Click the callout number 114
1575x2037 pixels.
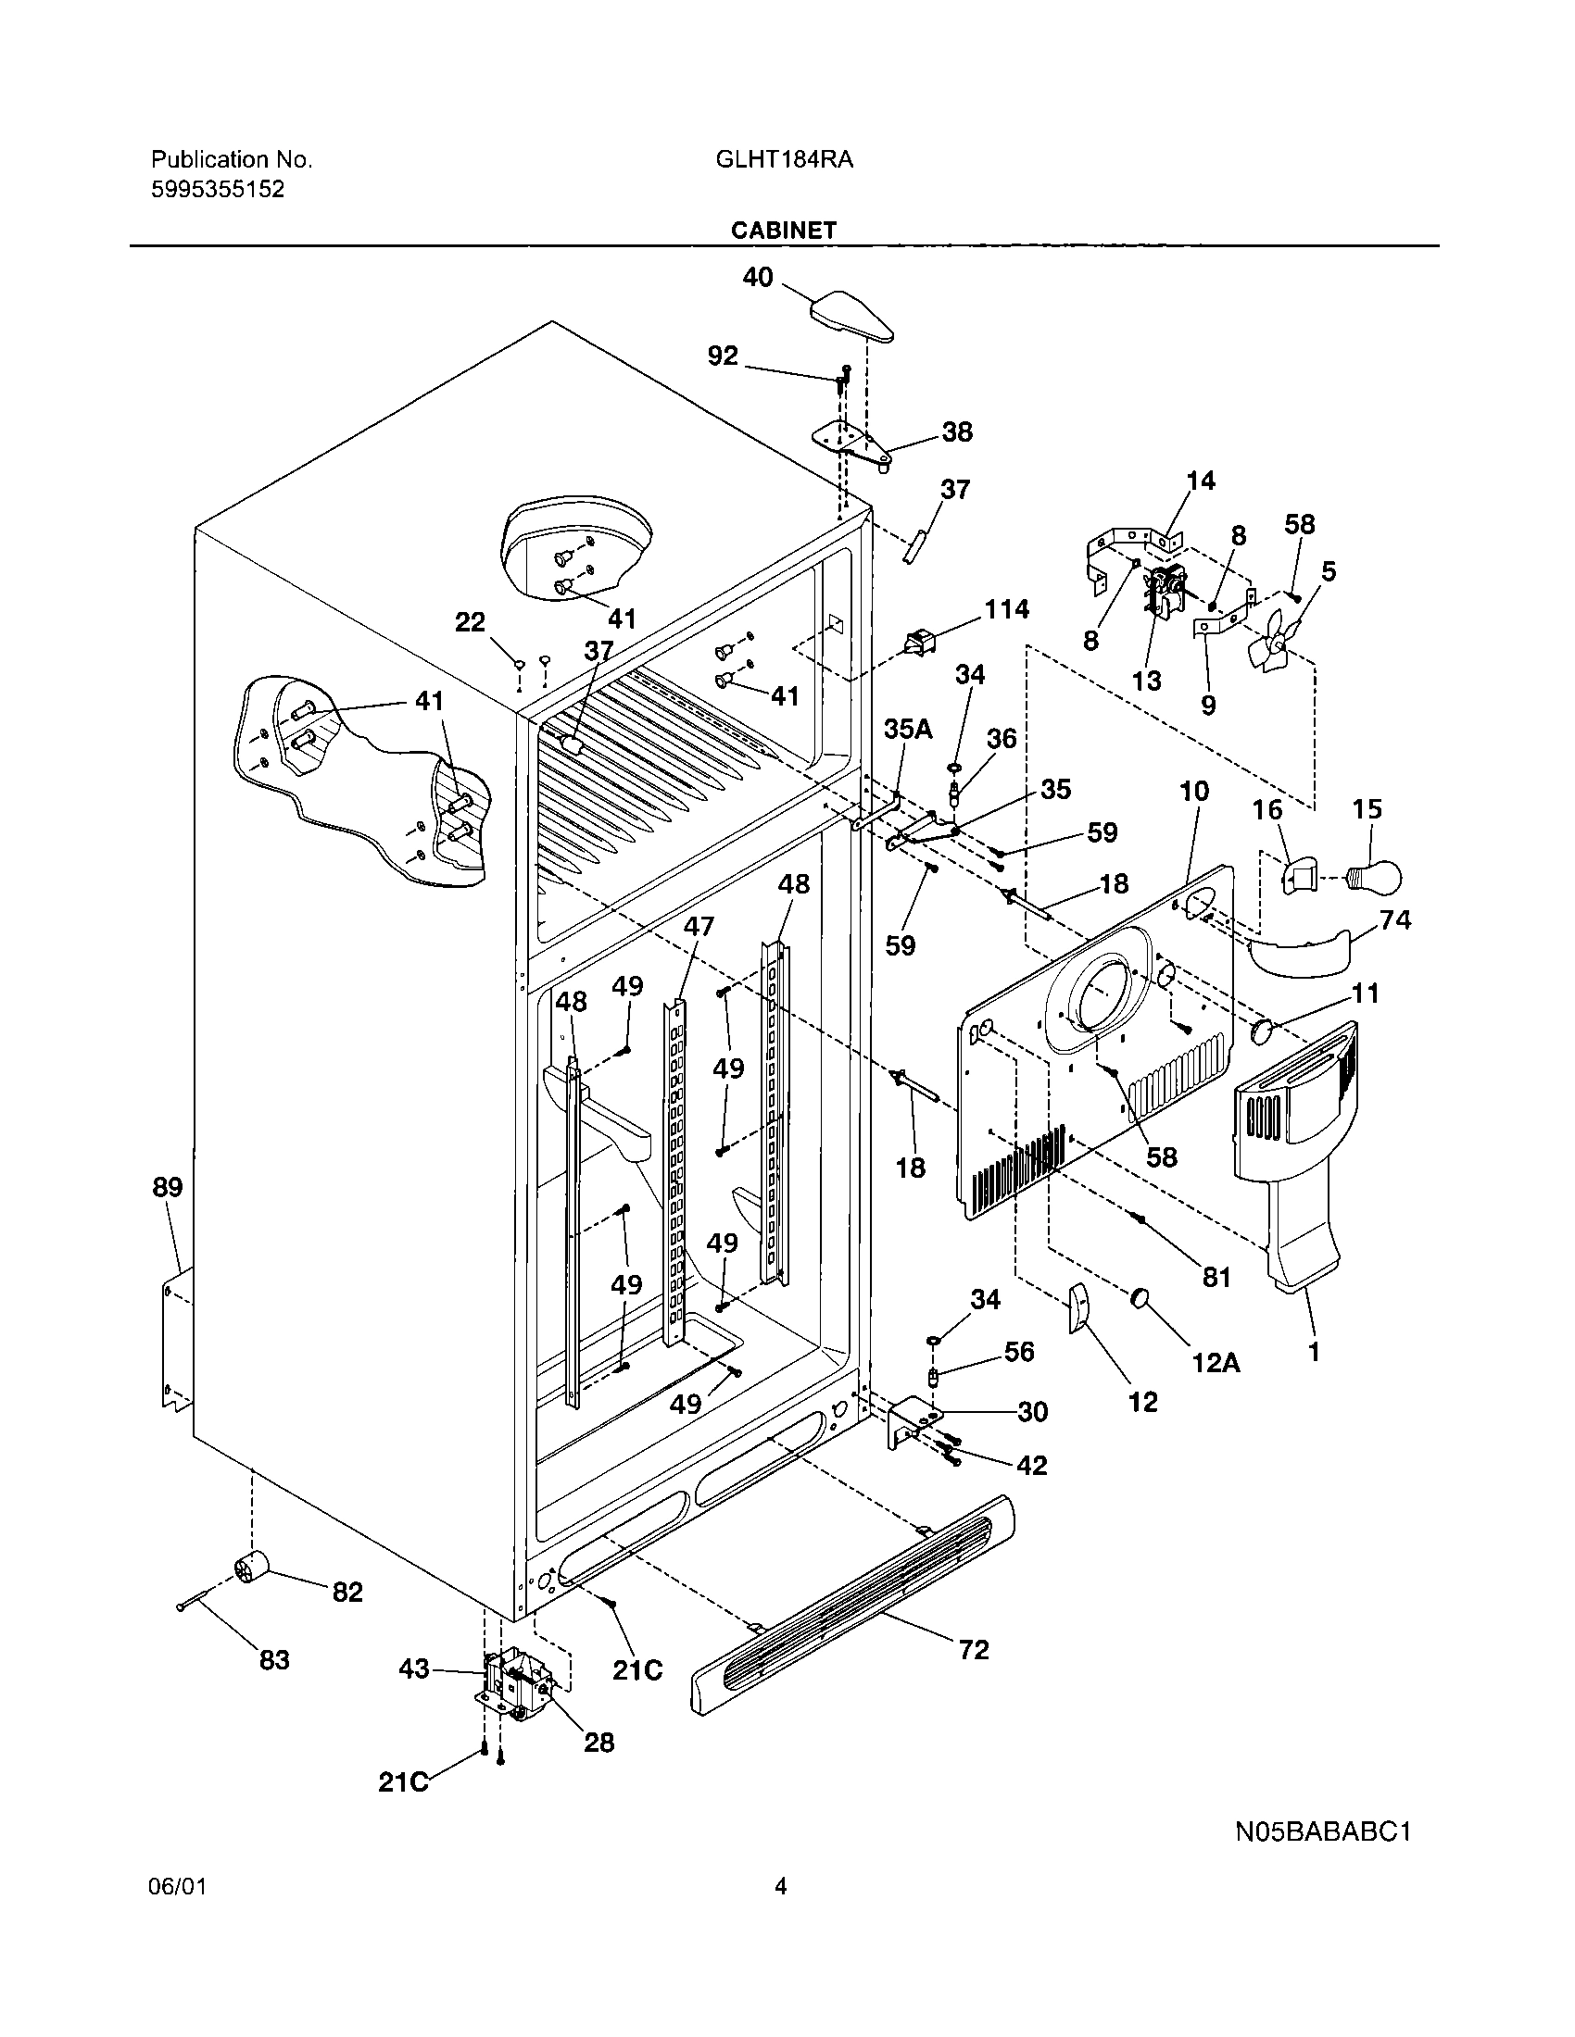(x=1007, y=609)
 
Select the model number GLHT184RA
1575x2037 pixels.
(x=784, y=159)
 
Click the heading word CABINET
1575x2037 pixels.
(x=783, y=231)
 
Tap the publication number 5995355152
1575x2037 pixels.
(x=218, y=189)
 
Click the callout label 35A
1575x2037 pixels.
(x=908, y=729)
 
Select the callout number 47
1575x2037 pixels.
(x=699, y=926)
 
